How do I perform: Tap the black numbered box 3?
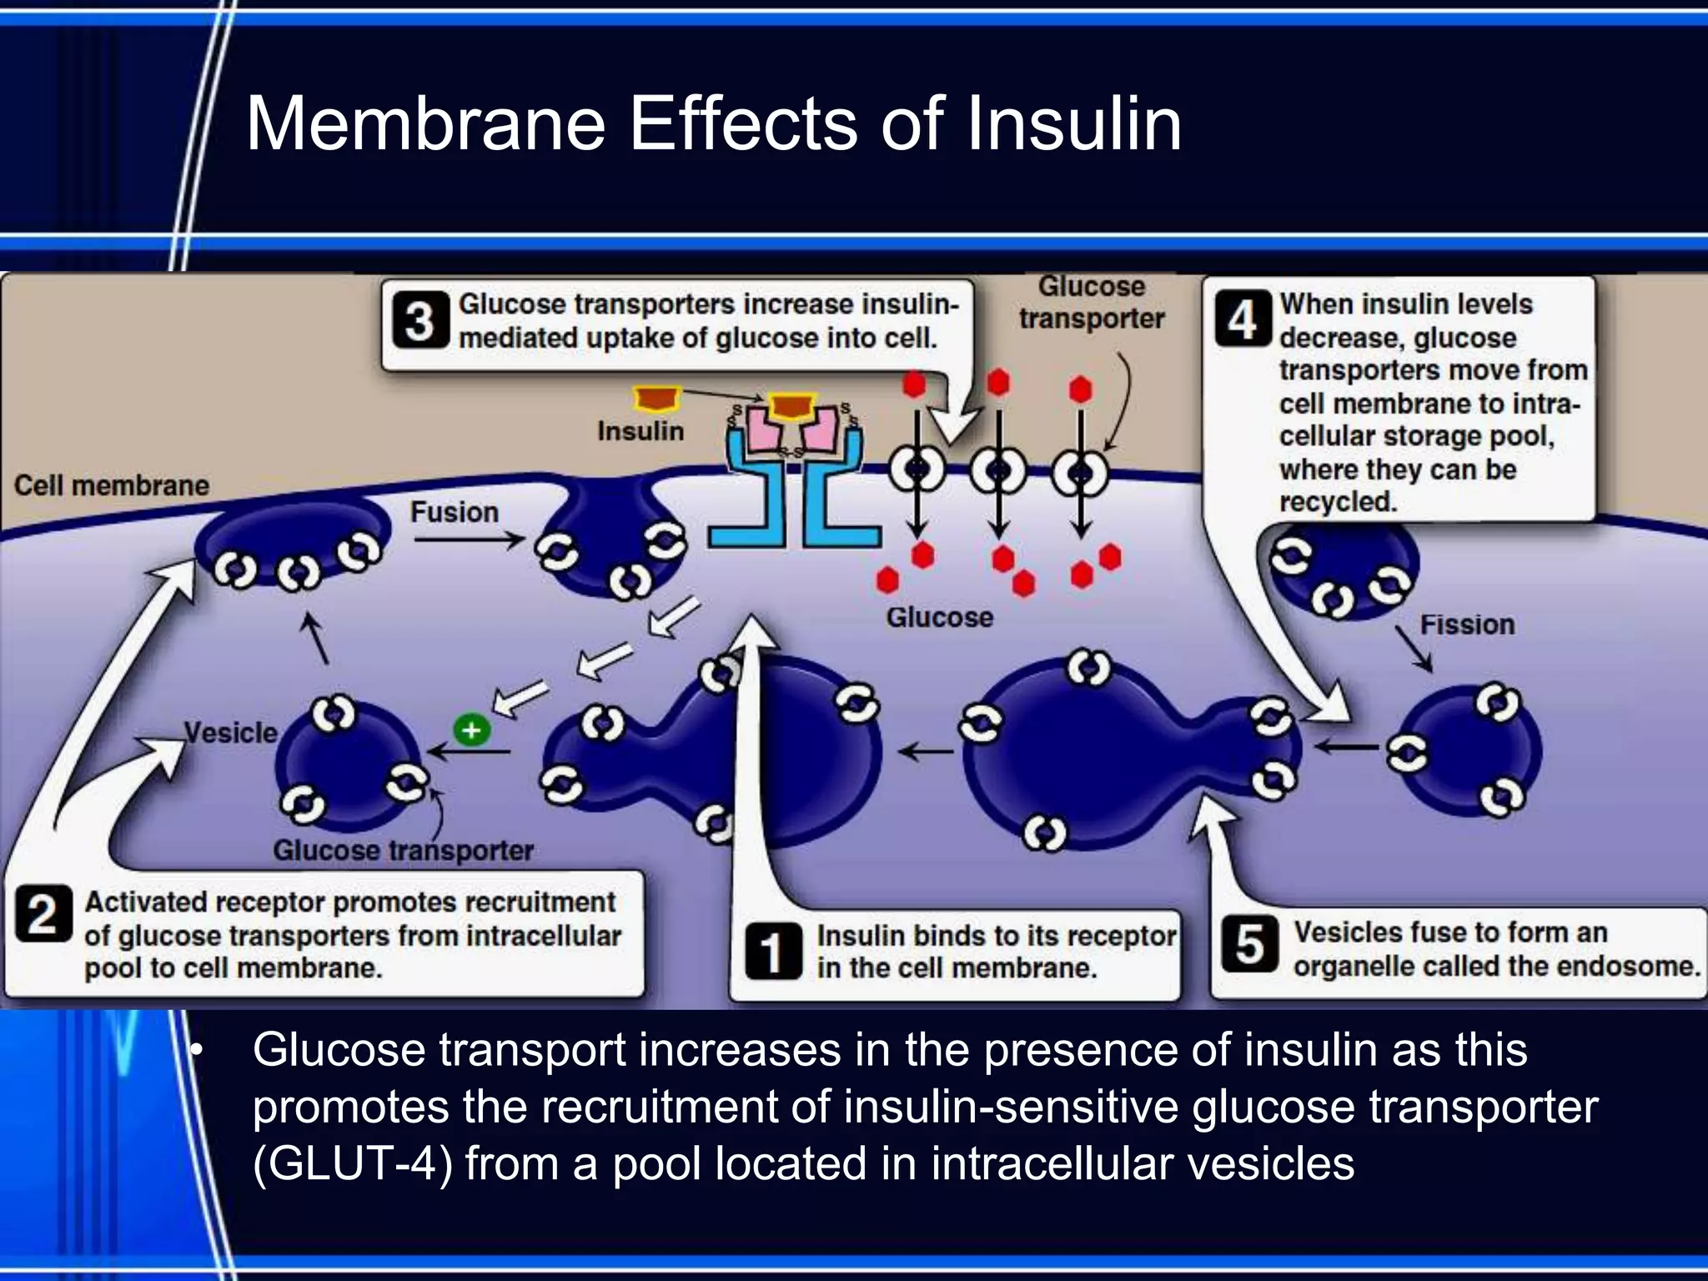tap(419, 321)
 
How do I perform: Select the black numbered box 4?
tap(1242, 319)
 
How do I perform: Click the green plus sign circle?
tap(471, 730)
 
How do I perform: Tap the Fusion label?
tap(454, 512)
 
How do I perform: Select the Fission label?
tap(1467, 624)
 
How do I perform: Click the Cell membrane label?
tap(112, 485)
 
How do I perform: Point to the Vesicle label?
tap(230, 732)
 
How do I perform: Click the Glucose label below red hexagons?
tap(939, 617)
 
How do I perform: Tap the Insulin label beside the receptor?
tap(640, 431)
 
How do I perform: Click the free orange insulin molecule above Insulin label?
tap(657, 399)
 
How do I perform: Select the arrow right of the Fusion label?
tap(468, 540)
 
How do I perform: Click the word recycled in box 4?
tap(1337, 501)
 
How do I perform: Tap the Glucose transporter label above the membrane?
tap(1091, 302)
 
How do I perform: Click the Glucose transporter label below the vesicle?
tap(403, 850)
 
